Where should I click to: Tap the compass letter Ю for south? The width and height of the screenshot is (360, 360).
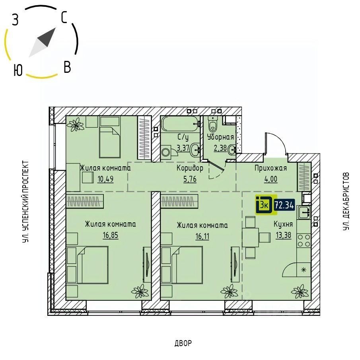pyautogui.click(x=17, y=70)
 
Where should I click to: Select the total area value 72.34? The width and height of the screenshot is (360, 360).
pyautogui.click(x=284, y=205)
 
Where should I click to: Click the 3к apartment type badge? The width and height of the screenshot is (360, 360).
pyautogui.click(x=264, y=205)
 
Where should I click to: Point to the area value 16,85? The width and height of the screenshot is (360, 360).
pyautogui.click(x=110, y=235)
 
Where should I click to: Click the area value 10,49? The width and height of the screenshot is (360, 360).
pyautogui.click(x=105, y=178)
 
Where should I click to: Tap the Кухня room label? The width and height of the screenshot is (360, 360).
pyautogui.click(x=283, y=224)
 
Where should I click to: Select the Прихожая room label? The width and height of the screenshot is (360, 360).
pyautogui.click(x=270, y=168)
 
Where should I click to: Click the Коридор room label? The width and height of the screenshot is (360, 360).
pyautogui.click(x=190, y=168)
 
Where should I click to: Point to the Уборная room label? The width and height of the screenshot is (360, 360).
pyautogui.click(x=220, y=137)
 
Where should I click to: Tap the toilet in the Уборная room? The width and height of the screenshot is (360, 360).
pyautogui.click(x=212, y=125)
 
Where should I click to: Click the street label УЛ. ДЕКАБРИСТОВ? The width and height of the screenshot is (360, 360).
pyautogui.click(x=346, y=202)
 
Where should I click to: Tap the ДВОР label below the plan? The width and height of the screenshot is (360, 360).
pyautogui.click(x=183, y=343)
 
